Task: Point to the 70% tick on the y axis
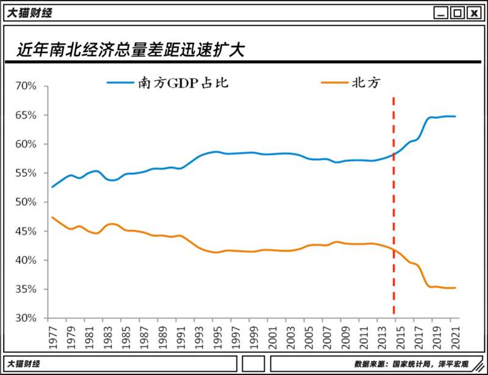[x=26, y=86]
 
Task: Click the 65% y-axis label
[x=26, y=115]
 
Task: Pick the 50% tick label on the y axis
[x=26, y=202]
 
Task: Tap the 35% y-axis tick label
[x=26, y=289]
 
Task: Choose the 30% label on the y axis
[x=26, y=318]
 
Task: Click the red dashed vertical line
[x=393, y=208]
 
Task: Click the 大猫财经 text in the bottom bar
[x=23, y=364]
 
